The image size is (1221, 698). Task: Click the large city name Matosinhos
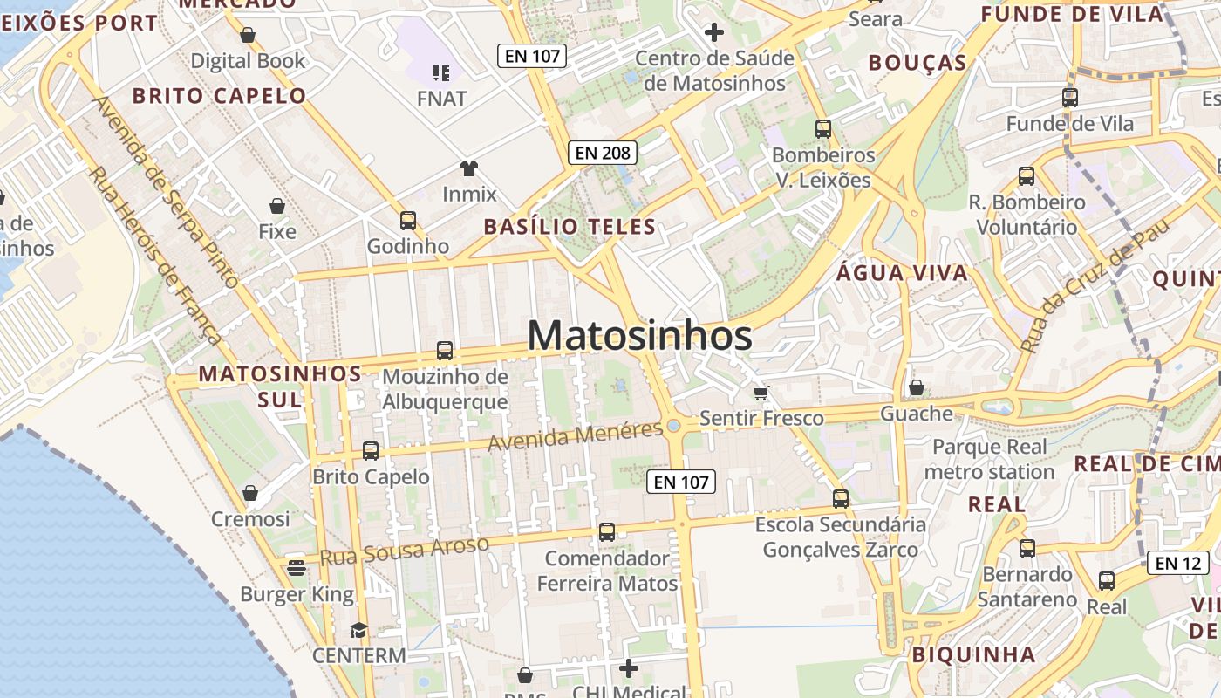[x=639, y=336]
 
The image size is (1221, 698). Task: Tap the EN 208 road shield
[x=603, y=153]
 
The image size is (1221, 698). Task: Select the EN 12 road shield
[x=1177, y=563]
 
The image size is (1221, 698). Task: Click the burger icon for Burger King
[x=297, y=569]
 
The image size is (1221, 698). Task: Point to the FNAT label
[x=441, y=99]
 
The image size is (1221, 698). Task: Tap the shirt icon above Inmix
[x=469, y=168]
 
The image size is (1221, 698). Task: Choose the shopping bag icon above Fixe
[x=277, y=207]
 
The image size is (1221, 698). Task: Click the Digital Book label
[x=248, y=61]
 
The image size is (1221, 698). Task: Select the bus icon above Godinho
[x=407, y=221]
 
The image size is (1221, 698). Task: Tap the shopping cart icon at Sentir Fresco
[x=761, y=393]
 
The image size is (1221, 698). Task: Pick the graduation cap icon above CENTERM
[x=358, y=630]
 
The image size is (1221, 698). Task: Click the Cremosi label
[x=250, y=519]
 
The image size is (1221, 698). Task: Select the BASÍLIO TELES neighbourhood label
[x=570, y=227]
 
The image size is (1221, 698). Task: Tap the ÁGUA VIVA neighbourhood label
[x=902, y=273]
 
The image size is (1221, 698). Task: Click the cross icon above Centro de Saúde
[x=714, y=33]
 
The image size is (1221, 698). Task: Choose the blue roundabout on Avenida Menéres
[x=673, y=426]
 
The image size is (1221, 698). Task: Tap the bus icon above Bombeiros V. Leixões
[x=822, y=129]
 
